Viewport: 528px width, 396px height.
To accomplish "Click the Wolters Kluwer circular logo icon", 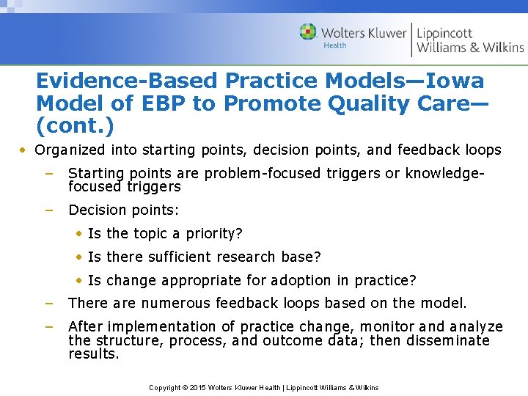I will [308, 32].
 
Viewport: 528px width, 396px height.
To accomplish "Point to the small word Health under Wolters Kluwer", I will [335, 45].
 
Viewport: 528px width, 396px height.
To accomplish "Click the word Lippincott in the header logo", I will [445, 32].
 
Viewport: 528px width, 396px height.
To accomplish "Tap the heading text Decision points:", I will [123, 210].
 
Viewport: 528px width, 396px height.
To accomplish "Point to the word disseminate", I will [443, 340].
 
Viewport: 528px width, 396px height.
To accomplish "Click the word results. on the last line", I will [93, 354].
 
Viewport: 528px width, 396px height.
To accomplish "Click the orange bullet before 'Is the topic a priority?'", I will [79, 234].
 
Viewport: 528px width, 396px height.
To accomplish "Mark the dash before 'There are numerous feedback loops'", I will [48, 303].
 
